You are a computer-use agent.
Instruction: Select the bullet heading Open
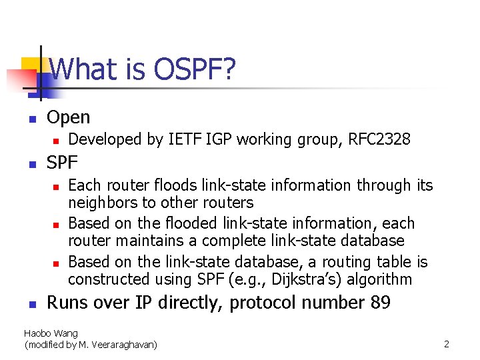click(68, 118)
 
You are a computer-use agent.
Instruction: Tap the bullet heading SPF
click(62, 162)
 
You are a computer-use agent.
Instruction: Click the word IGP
click(220, 139)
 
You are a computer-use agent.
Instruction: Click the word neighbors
click(103, 202)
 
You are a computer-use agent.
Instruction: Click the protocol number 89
click(379, 303)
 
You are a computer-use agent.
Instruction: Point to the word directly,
click(191, 303)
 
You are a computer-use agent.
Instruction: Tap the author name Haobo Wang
click(51, 333)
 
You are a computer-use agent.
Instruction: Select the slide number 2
click(447, 344)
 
